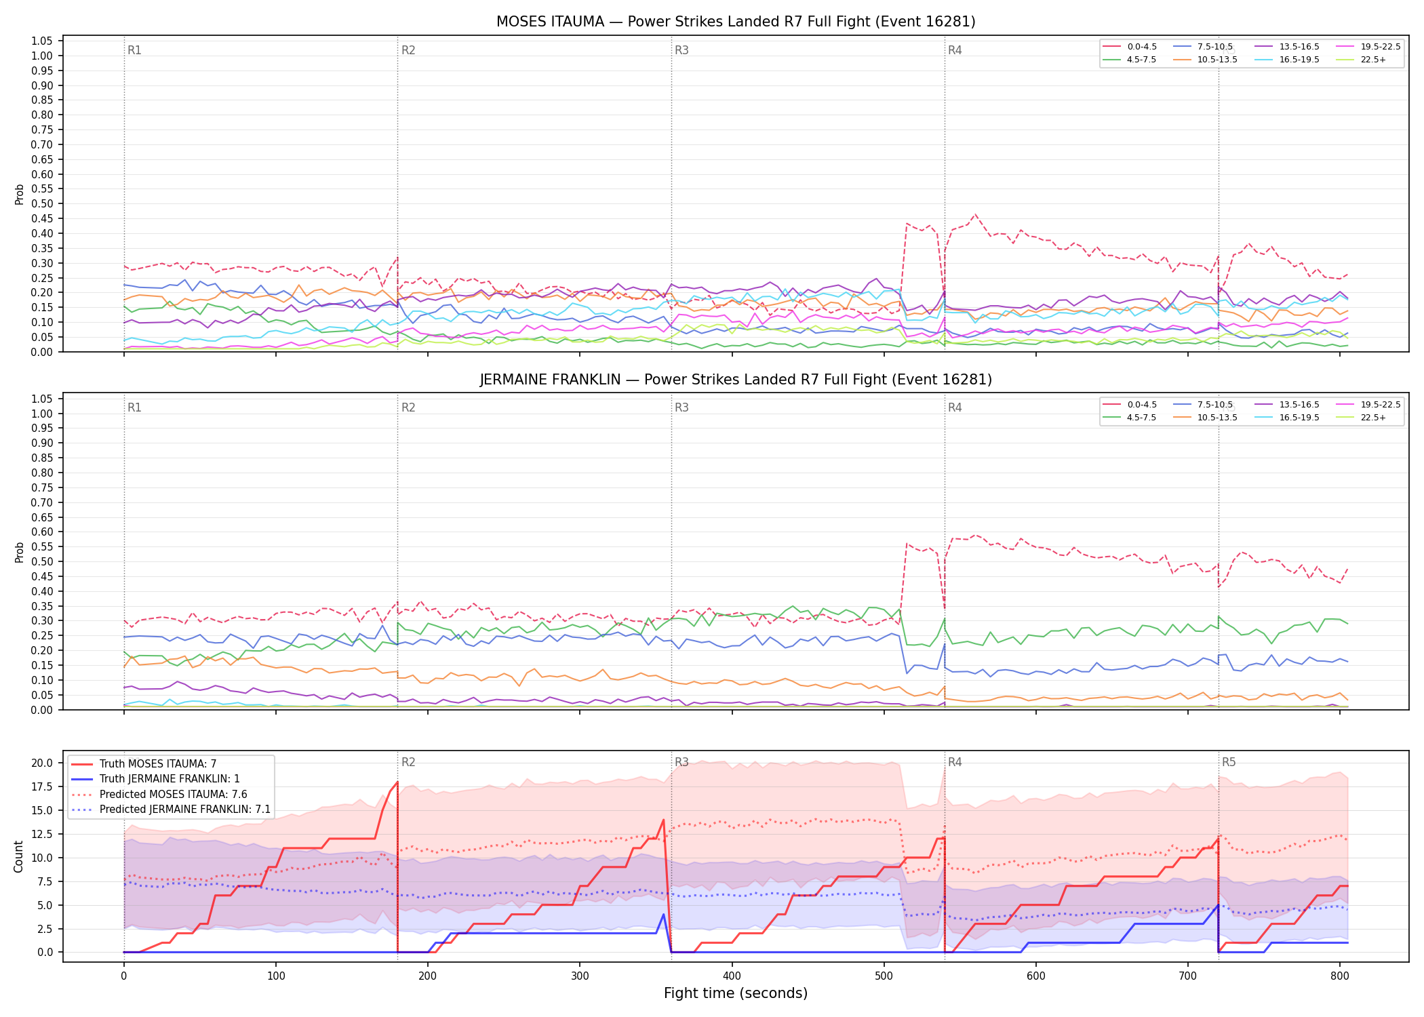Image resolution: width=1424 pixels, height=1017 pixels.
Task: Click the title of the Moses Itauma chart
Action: coord(736,22)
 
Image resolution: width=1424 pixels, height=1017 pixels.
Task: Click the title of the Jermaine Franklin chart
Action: coord(736,380)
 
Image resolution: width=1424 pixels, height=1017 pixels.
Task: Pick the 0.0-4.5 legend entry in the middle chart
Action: coord(1130,405)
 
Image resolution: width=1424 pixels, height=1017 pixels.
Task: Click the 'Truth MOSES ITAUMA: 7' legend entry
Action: coord(144,764)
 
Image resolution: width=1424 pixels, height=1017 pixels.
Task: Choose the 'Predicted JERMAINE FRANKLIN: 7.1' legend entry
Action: coord(171,810)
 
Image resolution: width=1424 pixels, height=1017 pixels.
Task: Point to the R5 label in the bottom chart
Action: coord(1229,762)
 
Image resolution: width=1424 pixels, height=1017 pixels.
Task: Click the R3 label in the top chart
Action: coord(681,50)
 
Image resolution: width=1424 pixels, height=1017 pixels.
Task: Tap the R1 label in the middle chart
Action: coord(134,407)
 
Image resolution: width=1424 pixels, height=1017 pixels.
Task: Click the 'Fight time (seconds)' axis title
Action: coord(736,993)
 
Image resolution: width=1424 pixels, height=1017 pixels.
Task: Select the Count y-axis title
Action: coord(18,856)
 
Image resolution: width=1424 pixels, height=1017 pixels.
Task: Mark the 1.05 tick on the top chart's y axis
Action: coord(42,41)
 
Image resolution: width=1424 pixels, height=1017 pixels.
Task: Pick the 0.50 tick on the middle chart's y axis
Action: coord(42,562)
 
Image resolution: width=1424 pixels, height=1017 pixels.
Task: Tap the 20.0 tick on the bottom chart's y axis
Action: coord(42,763)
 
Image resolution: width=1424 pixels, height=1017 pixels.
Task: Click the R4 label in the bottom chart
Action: coord(955,762)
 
